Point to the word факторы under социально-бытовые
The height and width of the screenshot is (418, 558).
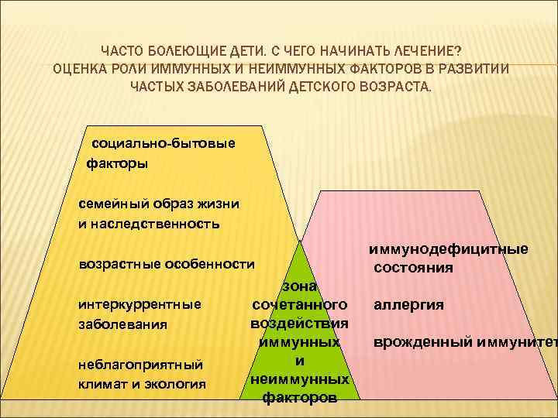click(x=117, y=163)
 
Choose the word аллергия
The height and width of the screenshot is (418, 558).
click(x=408, y=304)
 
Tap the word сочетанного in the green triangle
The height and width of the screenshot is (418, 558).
click(x=300, y=304)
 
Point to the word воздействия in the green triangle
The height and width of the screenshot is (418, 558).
click(x=299, y=323)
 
